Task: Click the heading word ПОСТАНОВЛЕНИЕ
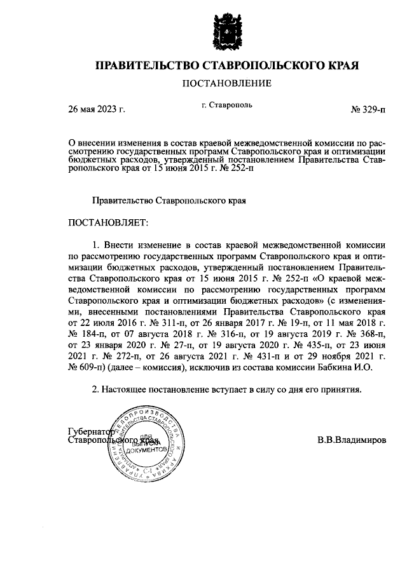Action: pos(227,83)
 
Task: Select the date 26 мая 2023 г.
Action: pos(97,109)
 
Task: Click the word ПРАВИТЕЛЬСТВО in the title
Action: pos(146,65)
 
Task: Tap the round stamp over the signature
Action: pos(146,444)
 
